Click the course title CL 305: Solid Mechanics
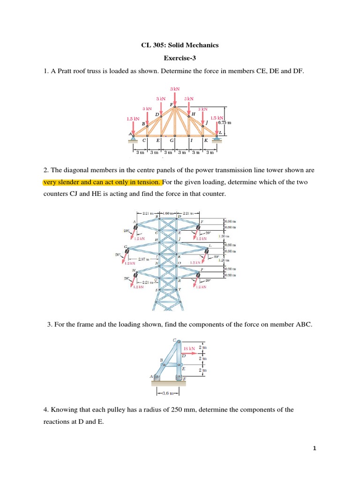180,45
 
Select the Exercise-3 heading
180,58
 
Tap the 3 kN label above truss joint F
175,89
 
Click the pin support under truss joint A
133,138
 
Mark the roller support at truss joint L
217,138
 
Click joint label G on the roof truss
172,140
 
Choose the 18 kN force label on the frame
188,349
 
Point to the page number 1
315,449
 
